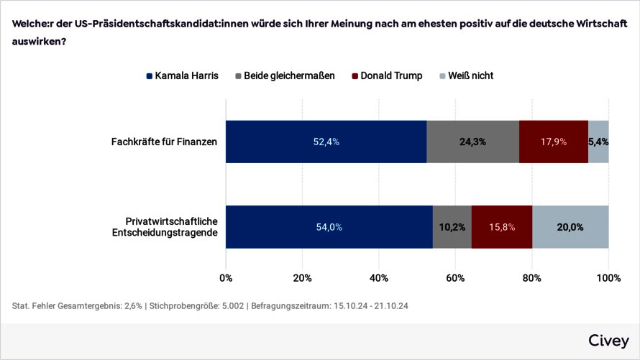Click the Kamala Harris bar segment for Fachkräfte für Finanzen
(326, 142)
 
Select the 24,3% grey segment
(472, 142)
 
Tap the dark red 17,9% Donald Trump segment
(554, 142)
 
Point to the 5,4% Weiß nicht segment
(598, 142)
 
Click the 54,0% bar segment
(329, 227)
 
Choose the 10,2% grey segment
(452, 227)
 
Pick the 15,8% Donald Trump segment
(502, 227)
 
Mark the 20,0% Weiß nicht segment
(570, 227)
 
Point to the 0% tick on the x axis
(226, 278)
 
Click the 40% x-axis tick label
(379, 278)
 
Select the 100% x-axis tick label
(608, 278)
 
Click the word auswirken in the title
(37, 40)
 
